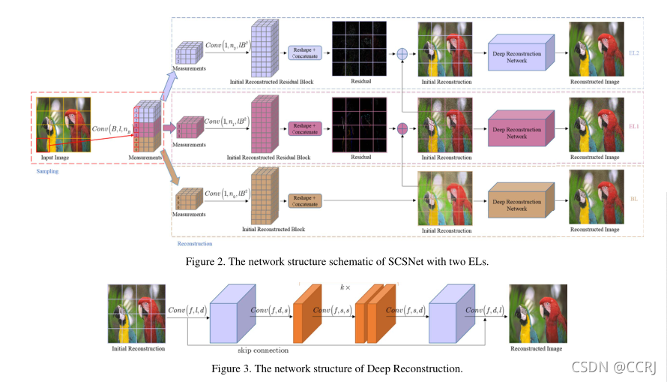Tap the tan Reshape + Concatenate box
[x=304, y=200]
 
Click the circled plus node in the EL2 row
[x=402, y=54]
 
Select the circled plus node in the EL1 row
[x=402, y=128]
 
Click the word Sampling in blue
[x=48, y=171]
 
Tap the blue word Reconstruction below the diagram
[x=194, y=243]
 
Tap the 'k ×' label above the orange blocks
[x=345, y=287]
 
